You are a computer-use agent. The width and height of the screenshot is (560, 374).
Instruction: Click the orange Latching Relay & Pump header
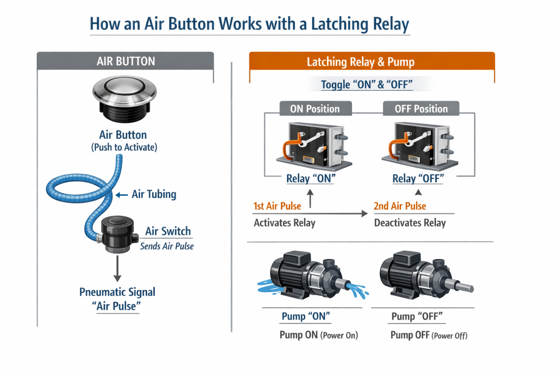[x=372, y=62]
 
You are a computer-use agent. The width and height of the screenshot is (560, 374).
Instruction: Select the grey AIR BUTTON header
[x=126, y=61]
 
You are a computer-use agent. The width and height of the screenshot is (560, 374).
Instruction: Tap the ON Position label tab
[x=315, y=109]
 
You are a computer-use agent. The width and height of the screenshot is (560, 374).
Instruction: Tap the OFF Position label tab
[x=421, y=109]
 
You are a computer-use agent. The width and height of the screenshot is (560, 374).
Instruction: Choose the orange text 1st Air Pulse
[x=277, y=206]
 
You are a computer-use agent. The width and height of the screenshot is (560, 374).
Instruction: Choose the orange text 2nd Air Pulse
[x=399, y=206]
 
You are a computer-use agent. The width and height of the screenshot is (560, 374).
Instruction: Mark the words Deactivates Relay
[x=410, y=223]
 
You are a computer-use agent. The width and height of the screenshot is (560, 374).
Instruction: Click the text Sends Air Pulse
[x=167, y=246]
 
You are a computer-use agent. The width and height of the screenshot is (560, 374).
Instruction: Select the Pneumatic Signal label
[x=117, y=292]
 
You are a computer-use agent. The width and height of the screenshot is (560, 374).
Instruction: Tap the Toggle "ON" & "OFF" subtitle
[x=367, y=85]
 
